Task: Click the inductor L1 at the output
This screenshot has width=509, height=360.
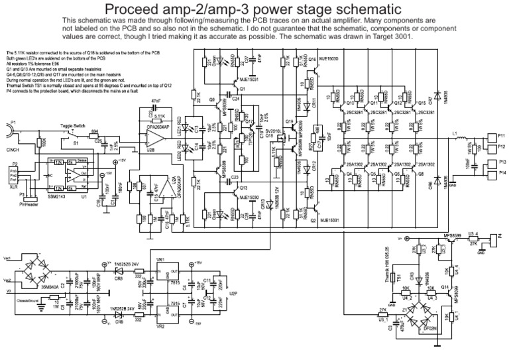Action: click(x=455, y=139)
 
